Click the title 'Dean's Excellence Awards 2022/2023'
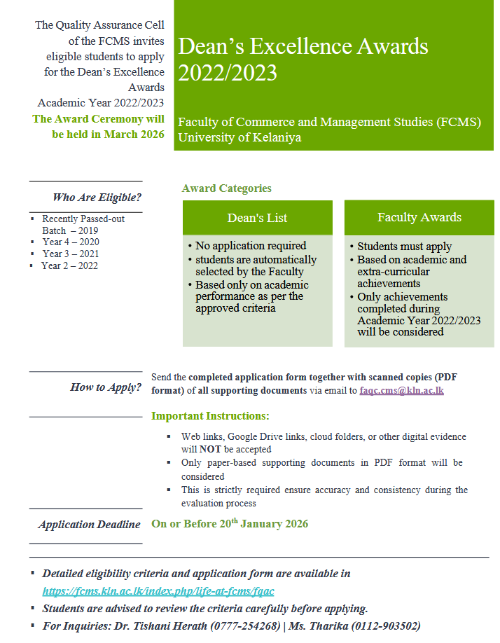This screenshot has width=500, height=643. (303, 60)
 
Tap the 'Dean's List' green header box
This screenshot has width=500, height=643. (257, 218)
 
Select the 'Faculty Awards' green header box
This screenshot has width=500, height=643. (419, 217)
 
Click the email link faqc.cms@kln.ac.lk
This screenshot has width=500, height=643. (401, 390)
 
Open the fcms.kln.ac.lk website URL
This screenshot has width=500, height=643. (158, 591)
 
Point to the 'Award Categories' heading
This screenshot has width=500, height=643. (226, 188)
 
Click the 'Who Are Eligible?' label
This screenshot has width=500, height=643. (97, 197)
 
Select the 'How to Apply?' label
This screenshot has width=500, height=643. (106, 387)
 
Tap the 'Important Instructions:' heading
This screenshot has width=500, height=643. (210, 416)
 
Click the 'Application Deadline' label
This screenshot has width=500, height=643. (90, 524)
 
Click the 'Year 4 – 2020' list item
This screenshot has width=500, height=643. (70, 242)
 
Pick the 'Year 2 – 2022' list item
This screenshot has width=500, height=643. (69, 265)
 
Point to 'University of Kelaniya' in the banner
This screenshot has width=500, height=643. (239, 137)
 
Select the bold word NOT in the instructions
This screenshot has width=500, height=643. (207, 449)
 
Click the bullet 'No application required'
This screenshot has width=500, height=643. (251, 246)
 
